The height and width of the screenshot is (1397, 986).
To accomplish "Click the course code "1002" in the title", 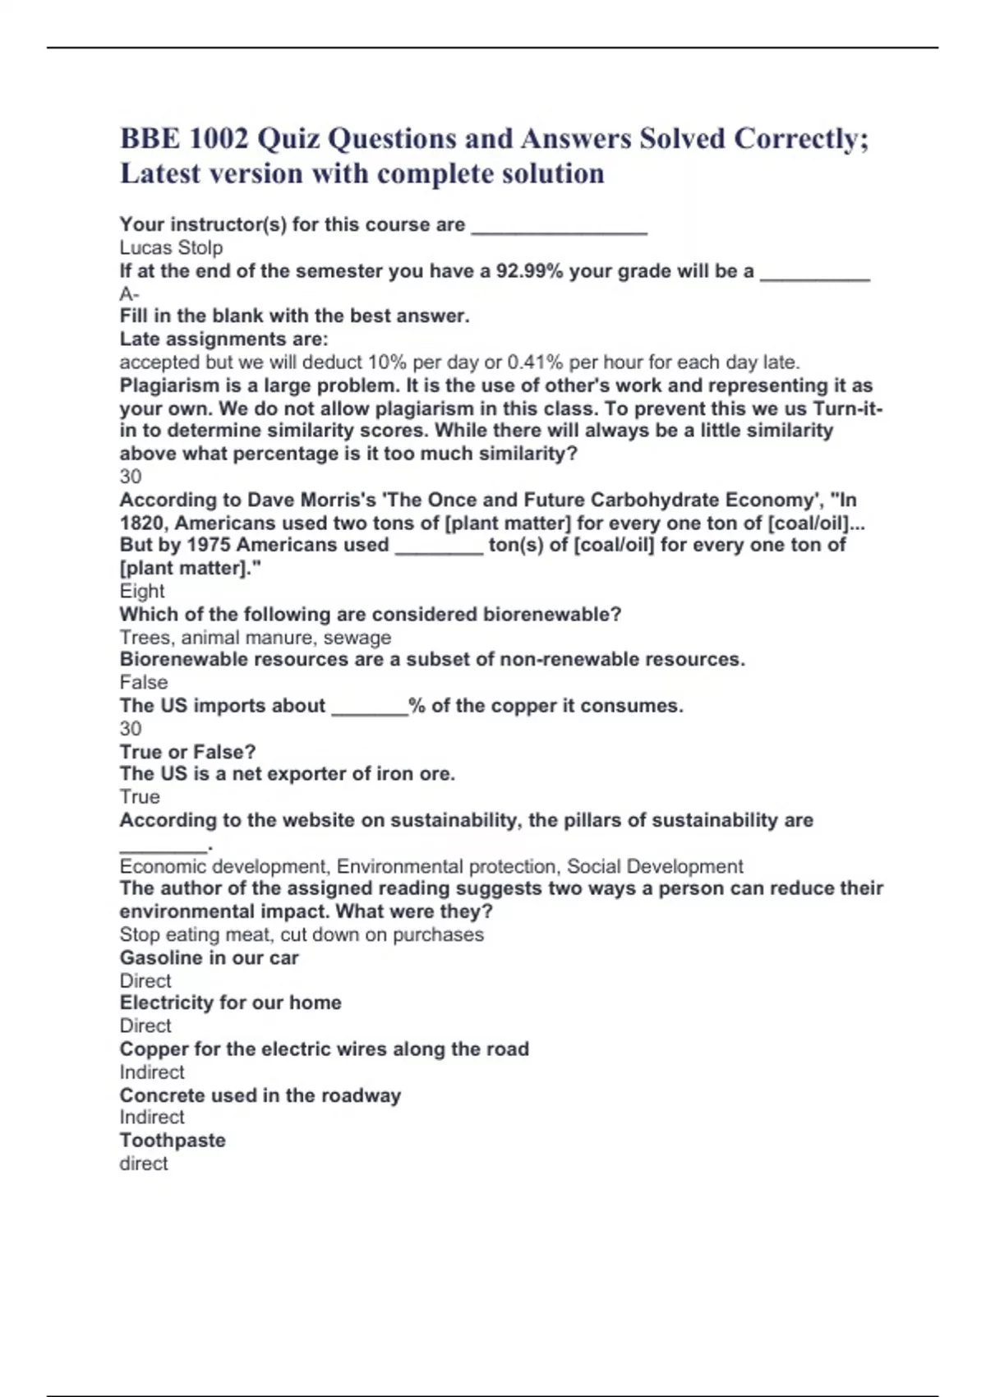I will click(x=218, y=139).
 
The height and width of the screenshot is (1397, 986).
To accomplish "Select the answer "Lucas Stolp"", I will click(x=171, y=247).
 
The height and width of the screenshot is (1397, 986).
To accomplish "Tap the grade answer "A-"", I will click(x=129, y=293).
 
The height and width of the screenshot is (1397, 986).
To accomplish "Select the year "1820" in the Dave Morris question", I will click(x=144, y=523).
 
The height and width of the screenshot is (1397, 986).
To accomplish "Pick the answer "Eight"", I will click(x=142, y=591).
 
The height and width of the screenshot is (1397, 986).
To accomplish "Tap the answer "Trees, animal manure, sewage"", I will click(x=255, y=637).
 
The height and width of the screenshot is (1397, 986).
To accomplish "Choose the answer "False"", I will click(x=144, y=682).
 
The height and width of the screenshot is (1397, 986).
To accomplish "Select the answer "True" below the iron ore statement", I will click(x=140, y=796).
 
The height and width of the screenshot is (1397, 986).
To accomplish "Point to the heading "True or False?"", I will click(x=187, y=751).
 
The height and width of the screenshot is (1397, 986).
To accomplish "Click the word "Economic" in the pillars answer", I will click(x=164, y=866).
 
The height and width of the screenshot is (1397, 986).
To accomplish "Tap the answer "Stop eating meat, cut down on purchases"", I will click(x=302, y=934).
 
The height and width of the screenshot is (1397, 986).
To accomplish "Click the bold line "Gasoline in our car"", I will click(x=209, y=957).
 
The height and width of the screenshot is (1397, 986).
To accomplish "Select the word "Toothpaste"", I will click(x=173, y=1140).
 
